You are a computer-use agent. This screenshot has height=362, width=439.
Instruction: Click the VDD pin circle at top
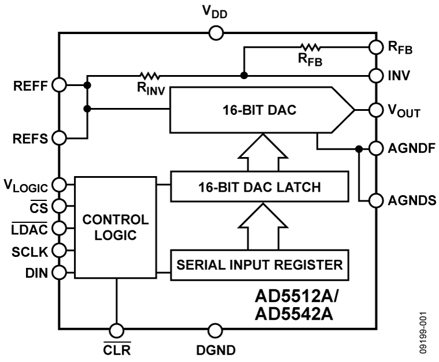tap(215, 33)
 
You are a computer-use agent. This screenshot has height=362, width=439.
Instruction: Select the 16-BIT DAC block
tap(260, 110)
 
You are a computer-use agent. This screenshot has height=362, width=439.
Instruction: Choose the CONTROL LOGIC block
tap(116, 227)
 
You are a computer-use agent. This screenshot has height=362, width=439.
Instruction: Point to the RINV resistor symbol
tap(149, 76)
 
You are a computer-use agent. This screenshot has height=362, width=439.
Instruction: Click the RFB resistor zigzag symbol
tap(310, 47)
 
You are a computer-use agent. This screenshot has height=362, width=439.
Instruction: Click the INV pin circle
tap(375, 76)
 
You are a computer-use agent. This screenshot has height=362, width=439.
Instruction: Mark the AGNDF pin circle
tap(375, 148)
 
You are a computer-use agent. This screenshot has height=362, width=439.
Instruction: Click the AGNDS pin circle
tap(375, 200)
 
